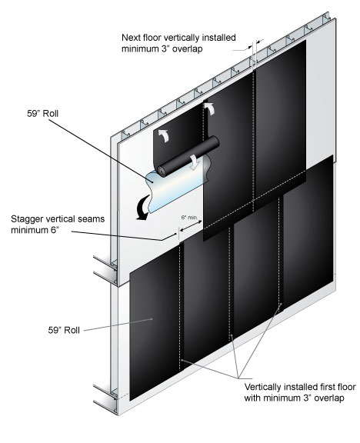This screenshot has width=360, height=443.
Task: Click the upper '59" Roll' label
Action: [x=42, y=114]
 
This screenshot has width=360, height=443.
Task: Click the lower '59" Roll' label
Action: [x=64, y=330]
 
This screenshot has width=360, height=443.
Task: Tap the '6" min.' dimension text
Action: [x=191, y=218]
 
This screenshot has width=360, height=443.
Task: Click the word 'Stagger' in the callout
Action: [x=27, y=219]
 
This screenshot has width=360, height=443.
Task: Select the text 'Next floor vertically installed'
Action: [x=178, y=38]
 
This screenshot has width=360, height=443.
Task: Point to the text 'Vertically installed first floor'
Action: [x=300, y=387]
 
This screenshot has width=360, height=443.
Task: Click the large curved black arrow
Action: [x=142, y=208]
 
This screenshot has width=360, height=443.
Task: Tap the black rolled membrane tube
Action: [x=188, y=157]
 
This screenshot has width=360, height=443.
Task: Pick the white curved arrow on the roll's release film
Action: [x=195, y=162]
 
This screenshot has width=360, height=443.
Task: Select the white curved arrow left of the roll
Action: [x=163, y=135]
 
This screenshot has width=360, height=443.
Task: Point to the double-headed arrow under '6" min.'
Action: [x=191, y=225]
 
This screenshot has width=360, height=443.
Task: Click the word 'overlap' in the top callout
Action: [x=188, y=49]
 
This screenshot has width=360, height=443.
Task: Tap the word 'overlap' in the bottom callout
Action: [x=329, y=398]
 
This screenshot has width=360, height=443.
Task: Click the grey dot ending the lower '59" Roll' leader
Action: [x=152, y=319]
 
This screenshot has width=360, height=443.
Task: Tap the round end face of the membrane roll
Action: [x=162, y=172]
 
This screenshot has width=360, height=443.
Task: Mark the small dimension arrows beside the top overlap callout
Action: [x=255, y=45]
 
